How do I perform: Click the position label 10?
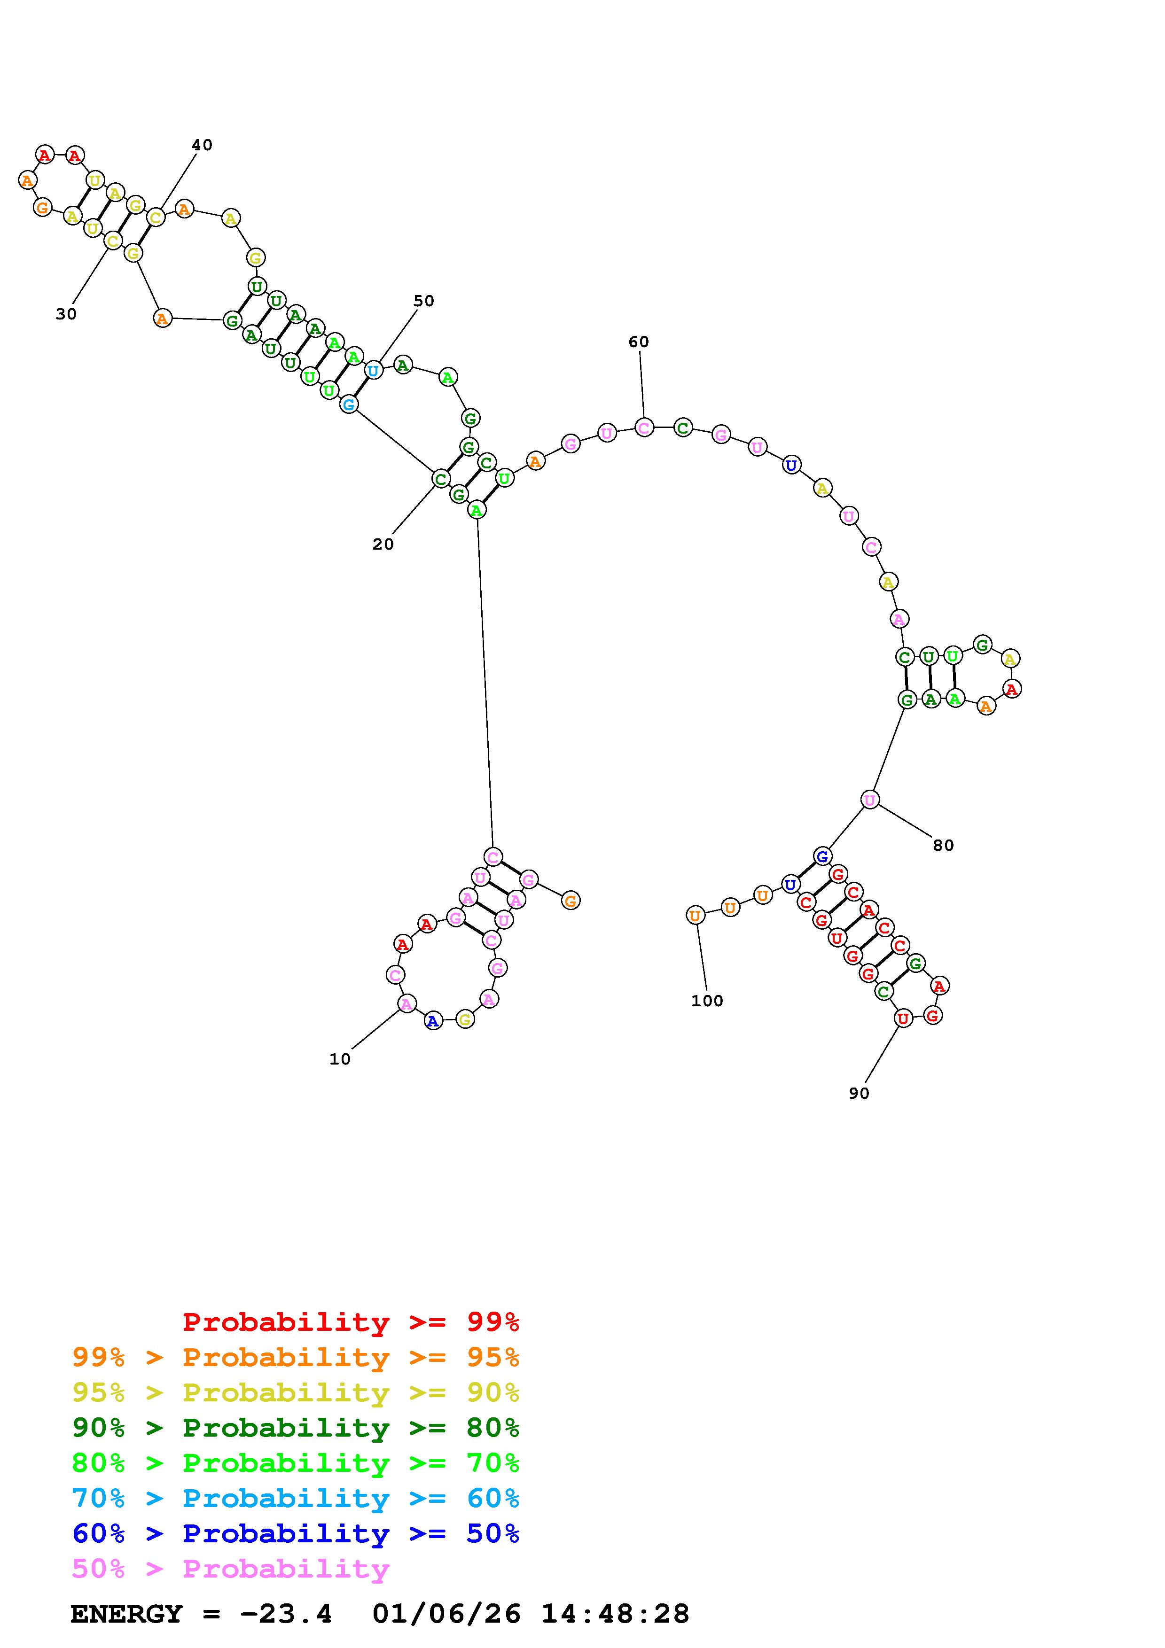pos(339,1059)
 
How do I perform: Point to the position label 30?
pos(66,314)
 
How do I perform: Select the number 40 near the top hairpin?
pos(202,145)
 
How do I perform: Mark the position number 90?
pos(859,1093)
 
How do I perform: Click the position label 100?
pos(707,1001)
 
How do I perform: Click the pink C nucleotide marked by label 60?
pos(644,428)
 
